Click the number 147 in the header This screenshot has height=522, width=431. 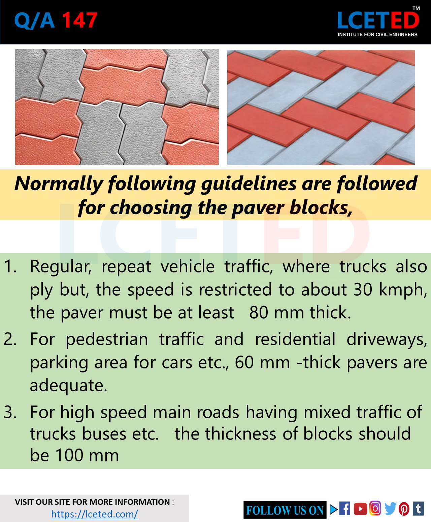coord(80,21)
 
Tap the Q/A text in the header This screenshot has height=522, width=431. coord(34,21)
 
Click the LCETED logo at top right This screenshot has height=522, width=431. coord(378,20)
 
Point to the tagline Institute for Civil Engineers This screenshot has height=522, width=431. coord(377,34)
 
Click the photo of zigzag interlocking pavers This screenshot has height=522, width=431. coord(117,107)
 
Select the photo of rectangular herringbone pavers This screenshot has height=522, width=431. coord(321,107)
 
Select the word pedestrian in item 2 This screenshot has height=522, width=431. coord(106,339)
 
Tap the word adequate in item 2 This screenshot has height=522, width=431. coord(68,385)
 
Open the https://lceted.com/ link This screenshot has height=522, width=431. coord(95,514)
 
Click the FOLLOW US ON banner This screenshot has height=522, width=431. coord(285,510)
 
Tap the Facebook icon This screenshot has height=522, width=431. coord(344,509)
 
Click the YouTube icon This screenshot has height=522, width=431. coord(360,509)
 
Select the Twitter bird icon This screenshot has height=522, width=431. coord(390,509)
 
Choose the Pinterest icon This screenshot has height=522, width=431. coord(404,509)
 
